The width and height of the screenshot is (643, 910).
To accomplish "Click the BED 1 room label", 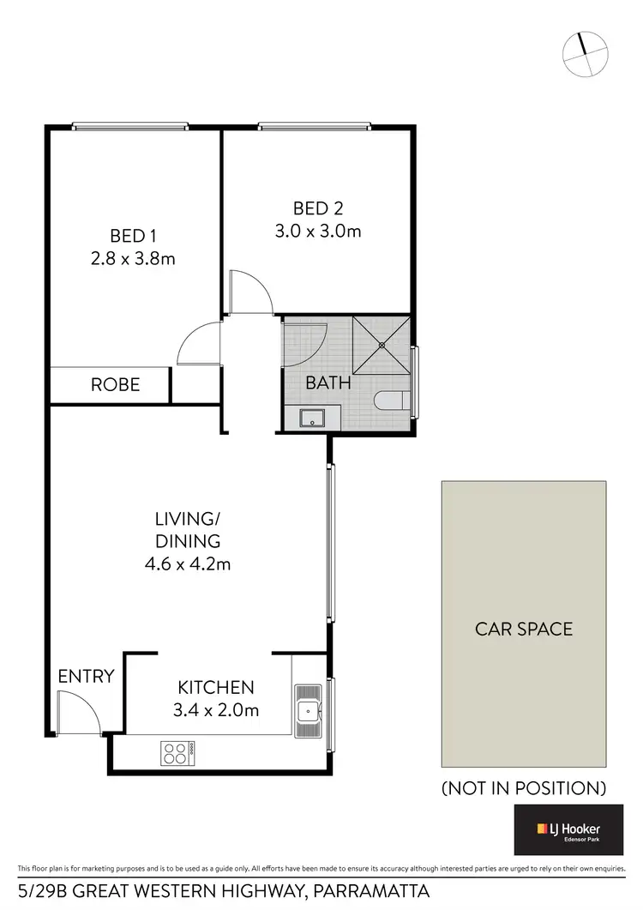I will pos(133,235).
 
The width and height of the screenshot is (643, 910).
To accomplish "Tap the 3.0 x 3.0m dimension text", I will pos(316,231).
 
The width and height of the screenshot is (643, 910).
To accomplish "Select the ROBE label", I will pos(115,384).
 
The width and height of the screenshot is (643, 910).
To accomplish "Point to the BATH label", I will pos(329,383).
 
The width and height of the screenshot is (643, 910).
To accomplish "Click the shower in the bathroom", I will pos(382,345).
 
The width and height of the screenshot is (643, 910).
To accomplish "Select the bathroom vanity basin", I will pos(311,418).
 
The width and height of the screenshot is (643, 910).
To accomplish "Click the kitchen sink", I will pos(307,710).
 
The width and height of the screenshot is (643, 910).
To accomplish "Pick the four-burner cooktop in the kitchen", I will pos(176,753).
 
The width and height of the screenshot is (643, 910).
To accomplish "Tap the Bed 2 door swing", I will pos(250,292).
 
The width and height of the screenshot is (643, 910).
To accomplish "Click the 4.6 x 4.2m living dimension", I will pos(188,564).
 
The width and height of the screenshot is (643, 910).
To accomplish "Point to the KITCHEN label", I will pos(216,687).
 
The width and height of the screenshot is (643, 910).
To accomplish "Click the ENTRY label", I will pos(86,676).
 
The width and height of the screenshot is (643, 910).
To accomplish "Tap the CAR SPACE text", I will pos(524,629).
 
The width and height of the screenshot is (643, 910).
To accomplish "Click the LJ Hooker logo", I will pos(568,829).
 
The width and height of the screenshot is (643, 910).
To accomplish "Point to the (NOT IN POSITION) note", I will pos(524,787).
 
